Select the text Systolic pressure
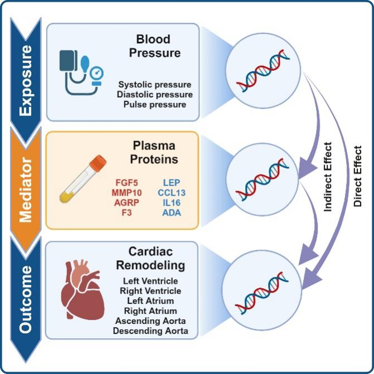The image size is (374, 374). [154, 84]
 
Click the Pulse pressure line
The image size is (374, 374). [155, 104]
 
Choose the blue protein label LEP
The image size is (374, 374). [171, 182]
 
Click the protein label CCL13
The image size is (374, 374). [171, 192]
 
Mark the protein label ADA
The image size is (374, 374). [172, 212]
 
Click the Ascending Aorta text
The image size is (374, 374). [150, 321]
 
